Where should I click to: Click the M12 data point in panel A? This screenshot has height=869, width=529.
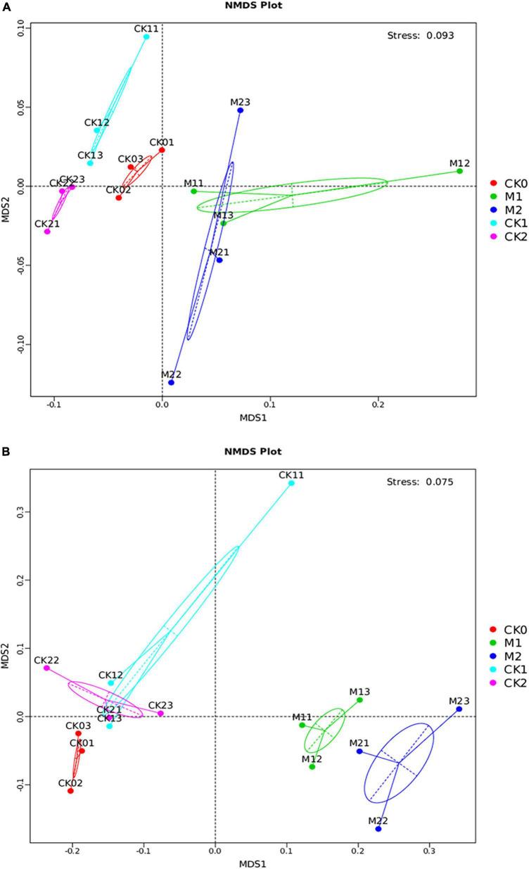(459, 171)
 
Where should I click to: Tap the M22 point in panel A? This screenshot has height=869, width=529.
(171, 382)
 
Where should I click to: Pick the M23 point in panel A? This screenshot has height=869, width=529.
(241, 110)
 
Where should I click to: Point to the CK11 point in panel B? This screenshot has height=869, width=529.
(291, 483)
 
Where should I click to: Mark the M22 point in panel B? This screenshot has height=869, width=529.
(378, 829)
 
